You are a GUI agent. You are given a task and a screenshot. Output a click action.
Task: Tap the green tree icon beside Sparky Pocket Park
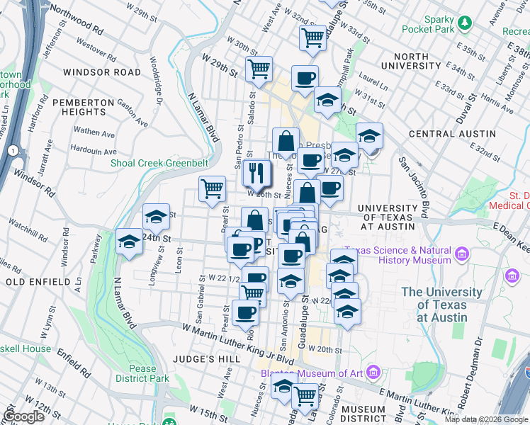pyautogui.click(x=465, y=23)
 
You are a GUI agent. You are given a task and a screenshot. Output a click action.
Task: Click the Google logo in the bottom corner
pyautogui.click(x=23, y=416)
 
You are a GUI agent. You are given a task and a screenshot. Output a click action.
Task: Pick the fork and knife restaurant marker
pyautogui.click(x=257, y=171)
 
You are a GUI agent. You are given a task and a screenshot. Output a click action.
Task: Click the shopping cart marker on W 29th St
pyautogui.click(x=259, y=69)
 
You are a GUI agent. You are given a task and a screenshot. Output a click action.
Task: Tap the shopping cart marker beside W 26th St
pyautogui.click(x=212, y=188)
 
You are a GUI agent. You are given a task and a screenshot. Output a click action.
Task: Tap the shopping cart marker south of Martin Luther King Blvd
pyautogui.click(x=305, y=395)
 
